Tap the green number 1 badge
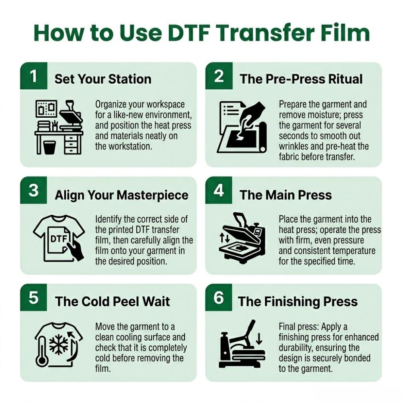34,76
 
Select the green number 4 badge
219,190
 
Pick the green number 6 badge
219,297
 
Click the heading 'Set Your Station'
103,79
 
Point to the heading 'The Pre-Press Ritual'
301,79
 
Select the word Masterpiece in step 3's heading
152,195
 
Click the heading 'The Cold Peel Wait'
112,301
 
